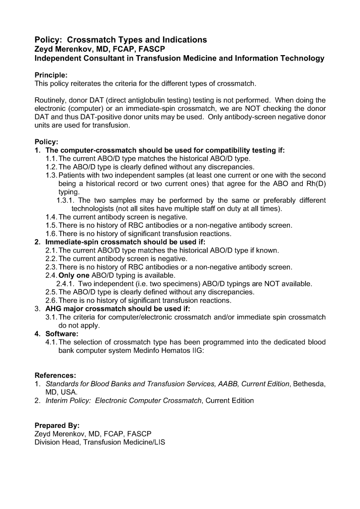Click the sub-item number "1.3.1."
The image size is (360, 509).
[x=67, y=200]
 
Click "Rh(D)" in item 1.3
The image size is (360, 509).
[x=315, y=183]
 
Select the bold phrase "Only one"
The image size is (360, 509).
[x=75, y=275]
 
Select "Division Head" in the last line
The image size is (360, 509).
[x=58, y=442]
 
